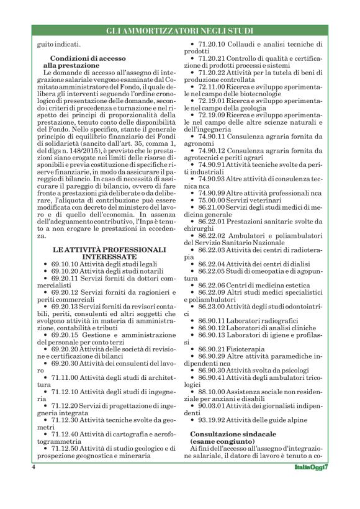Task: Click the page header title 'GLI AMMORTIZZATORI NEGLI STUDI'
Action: click(x=179, y=30)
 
